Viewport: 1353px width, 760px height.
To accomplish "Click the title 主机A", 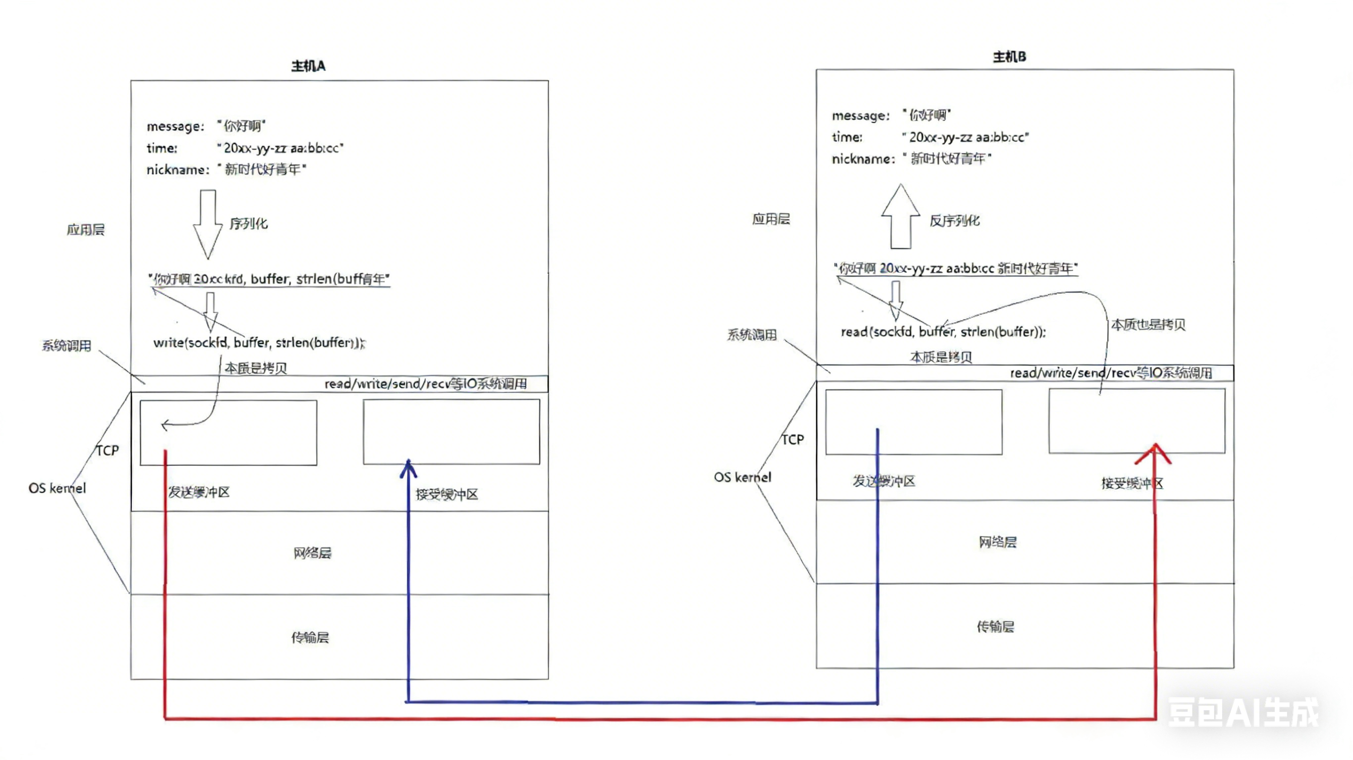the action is tap(308, 66).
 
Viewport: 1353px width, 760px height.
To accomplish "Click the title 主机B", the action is tap(1009, 56).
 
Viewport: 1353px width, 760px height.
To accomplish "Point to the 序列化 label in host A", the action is tap(248, 224).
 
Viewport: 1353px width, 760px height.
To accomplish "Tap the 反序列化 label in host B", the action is tap(955, 220).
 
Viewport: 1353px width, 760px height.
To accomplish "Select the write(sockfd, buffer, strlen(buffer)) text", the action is tap(258, 343).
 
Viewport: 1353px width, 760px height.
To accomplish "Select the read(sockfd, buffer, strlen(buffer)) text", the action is tap(943, 332).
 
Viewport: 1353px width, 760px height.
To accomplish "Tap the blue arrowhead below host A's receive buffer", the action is tap(408, 469).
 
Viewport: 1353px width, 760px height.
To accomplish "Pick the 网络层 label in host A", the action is tap(312, 553).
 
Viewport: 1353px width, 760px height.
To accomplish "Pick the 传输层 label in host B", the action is tap(995, 627).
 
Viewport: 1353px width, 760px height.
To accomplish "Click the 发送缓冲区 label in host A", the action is tap(199, 492).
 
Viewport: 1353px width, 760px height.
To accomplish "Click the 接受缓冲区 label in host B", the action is tap(1132, 483).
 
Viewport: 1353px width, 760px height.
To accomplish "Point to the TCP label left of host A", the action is tap(107, 451).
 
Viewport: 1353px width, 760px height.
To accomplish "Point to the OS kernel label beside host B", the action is tap(742, 477).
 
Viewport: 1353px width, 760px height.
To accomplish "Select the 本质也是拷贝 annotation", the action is tap(1148, 325).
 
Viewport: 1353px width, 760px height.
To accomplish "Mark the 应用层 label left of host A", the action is tap(85, 230).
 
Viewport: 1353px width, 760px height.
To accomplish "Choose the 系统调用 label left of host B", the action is tap(752, 335).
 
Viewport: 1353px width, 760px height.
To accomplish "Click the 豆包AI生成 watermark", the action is tap(1242, 713).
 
